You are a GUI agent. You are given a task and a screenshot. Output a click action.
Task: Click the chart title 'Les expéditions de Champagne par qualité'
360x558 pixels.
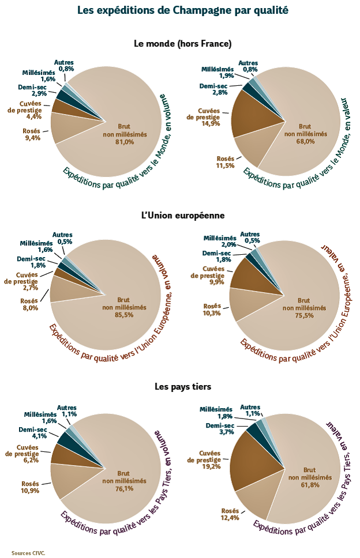pyautogui.click(x=182, y=10)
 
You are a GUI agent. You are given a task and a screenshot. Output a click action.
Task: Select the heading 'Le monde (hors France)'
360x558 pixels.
pyautogui.click(x=182, y=43)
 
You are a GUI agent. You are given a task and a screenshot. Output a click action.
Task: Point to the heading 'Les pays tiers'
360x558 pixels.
pyautogui.click(x=182, y=386)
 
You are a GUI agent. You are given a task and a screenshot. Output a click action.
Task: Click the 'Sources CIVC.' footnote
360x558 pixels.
pyautogui.click(x=28, y=552)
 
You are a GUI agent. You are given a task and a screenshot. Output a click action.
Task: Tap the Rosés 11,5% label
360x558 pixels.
pyautogui.click(x=224, y=162)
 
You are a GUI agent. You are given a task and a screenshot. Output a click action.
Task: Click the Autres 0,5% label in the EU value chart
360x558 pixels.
pyautogui.click(x=250, y=236)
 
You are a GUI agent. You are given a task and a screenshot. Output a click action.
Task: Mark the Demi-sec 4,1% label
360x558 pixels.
pyautogui.click(x=32, y=433)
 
